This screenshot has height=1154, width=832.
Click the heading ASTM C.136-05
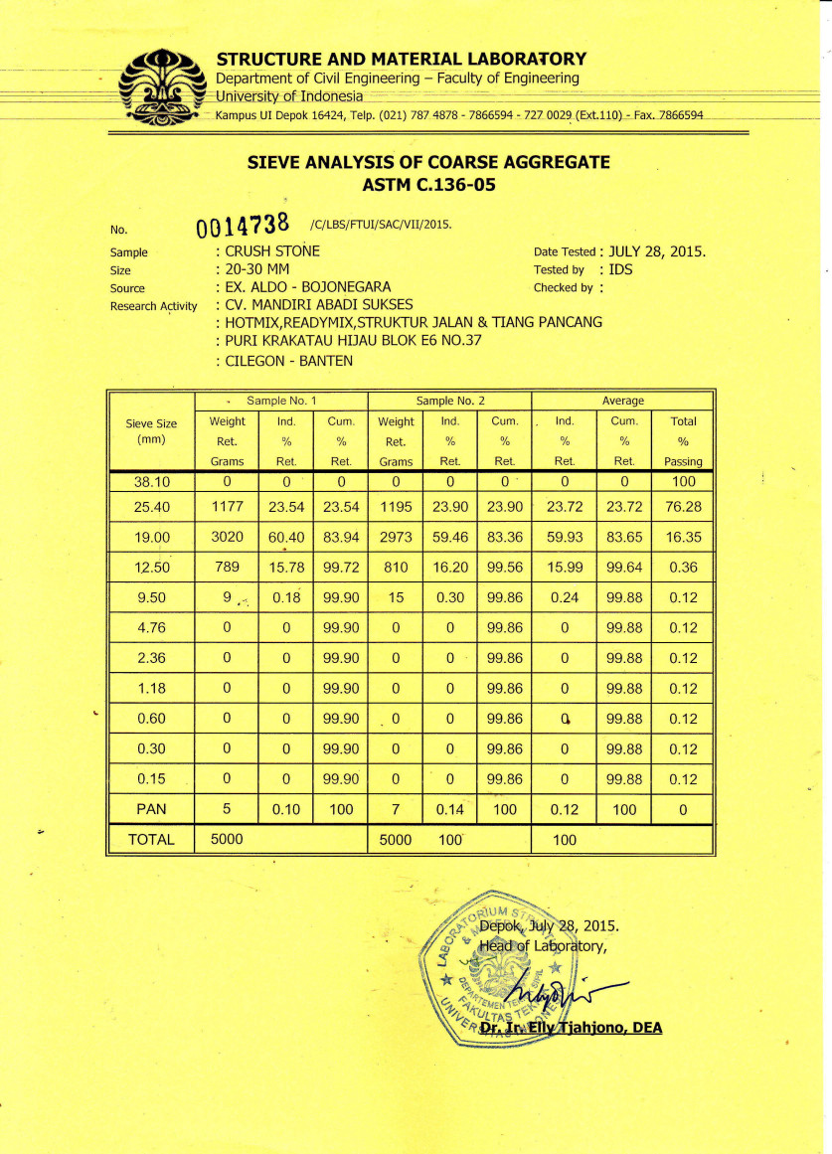428,183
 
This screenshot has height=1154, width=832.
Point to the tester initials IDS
622,269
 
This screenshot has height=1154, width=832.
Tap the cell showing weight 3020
227,538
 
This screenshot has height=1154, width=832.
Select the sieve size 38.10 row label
151,481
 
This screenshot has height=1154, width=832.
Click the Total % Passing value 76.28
683,507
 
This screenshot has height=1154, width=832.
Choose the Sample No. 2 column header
450,401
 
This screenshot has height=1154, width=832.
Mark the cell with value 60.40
284,538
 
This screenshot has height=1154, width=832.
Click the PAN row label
151,809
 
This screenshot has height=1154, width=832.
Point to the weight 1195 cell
395,507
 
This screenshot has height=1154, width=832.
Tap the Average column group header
623,401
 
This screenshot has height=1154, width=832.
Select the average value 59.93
564,538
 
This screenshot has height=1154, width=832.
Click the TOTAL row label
151,840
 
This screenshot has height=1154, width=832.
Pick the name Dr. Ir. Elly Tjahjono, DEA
570,1029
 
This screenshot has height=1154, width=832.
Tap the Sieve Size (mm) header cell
151,430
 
